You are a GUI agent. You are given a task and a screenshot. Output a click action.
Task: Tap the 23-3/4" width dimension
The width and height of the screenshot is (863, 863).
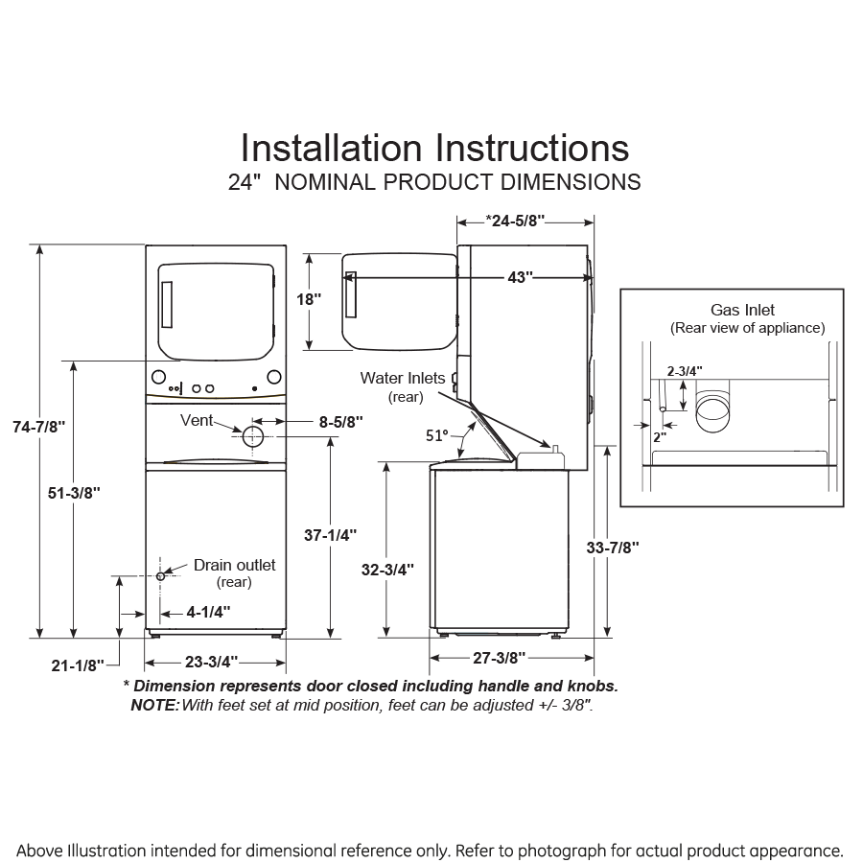pyautogui.click(x=214, y=661)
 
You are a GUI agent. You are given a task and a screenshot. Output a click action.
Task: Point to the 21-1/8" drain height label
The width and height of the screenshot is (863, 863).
pyautogui.click(x=79, y=665)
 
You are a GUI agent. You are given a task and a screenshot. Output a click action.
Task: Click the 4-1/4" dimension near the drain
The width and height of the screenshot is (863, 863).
pyautogui.click(x=208, y=611)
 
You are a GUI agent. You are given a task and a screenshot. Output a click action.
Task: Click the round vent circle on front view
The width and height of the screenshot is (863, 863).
pyautogui.click(x=253, y=436)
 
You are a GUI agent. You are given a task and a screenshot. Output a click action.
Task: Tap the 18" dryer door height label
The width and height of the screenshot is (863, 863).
pyautogui.click(x=308, y=298)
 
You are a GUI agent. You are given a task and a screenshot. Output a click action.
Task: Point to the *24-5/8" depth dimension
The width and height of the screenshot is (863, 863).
pyautogui.click(x=515, y=221)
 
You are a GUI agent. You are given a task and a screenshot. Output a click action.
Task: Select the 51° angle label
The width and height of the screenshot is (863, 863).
pyautogui.click(x=437, y=434)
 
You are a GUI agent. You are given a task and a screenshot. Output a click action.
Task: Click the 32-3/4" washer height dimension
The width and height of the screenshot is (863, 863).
pyautogui.click(x=387, y=569)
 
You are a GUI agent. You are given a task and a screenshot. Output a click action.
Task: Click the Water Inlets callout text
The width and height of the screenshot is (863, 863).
pyautogui.click(x=403, y=378)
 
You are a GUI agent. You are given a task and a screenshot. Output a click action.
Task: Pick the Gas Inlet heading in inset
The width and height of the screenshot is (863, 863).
pyautogui.click(x=742, y=310)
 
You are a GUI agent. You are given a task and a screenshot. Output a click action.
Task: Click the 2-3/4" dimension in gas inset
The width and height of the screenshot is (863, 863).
pyautogui.click(x=685, y=370)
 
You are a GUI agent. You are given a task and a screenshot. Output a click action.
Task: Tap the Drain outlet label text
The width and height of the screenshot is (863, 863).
pyautogui.click(x=234, y=565)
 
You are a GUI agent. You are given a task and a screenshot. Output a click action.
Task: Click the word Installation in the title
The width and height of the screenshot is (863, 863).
pyautogui.click(x=331, y=148)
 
